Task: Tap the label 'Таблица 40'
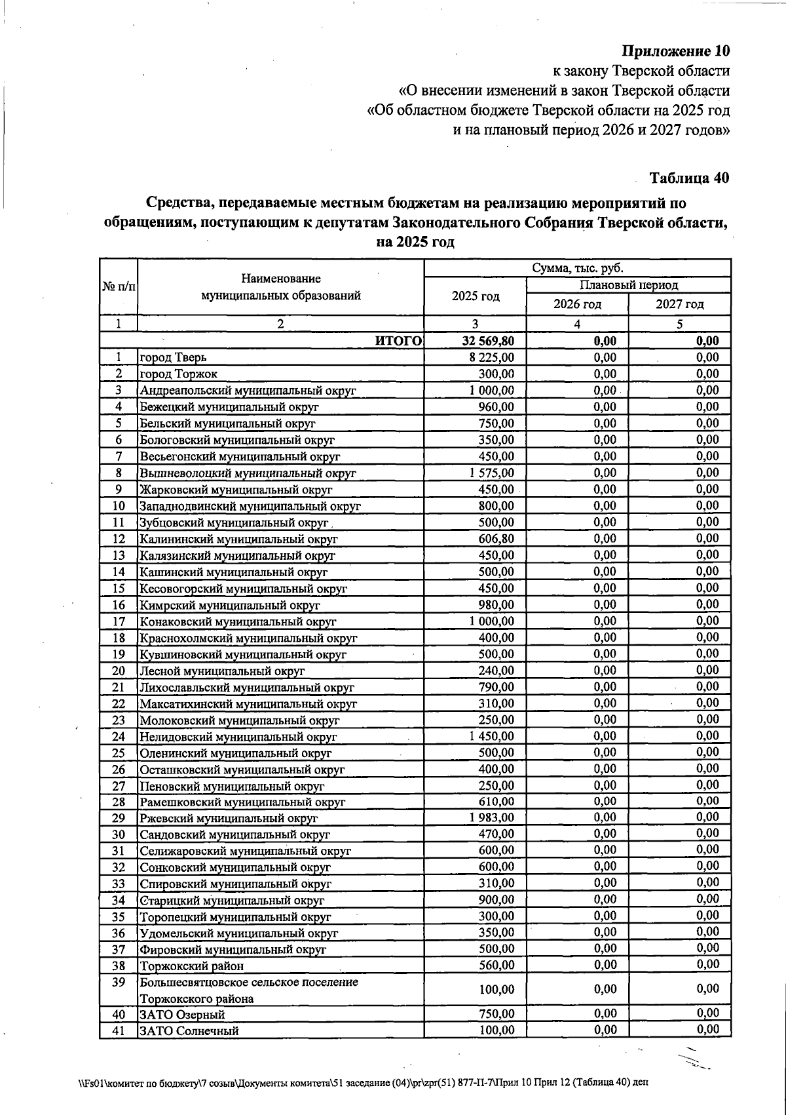[x=688, y=178]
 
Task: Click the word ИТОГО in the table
[x=398, y=341]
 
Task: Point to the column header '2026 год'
[x=577, y=304]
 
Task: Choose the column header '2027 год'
[x=680, y=304]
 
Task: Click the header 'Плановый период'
[x=628, y=285]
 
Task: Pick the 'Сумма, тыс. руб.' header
[x=577, y=268]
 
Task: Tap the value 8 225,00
[x=492, y=358]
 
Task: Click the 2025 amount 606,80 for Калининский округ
[x=496, y=539]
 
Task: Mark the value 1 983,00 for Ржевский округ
[x=492, y=817]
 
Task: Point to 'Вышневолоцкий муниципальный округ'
[x=248, y=473]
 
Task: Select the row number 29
[x=119, y=817]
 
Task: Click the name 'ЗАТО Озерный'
[x=183, y=1015]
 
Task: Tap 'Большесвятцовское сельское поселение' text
[x=249, y=982]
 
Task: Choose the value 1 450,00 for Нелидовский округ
[x=492, y=736]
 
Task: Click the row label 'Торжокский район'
[x=191, y=966]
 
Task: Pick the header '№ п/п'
[x=119, y=287]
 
